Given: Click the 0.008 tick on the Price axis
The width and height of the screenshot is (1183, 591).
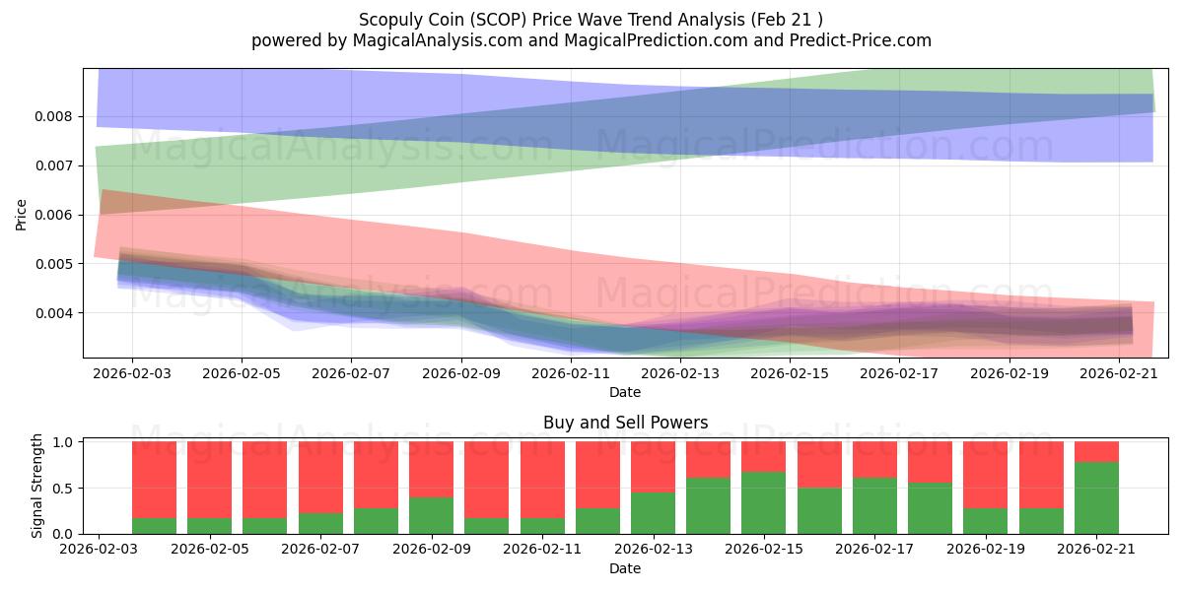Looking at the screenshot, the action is click(x=53, y=116).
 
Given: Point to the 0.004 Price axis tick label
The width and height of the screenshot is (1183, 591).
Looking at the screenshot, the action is click(x=53, y=313).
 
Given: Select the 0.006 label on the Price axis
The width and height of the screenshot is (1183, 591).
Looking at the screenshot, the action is click(x=53, y=216).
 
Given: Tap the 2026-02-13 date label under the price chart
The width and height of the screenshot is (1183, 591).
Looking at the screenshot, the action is click(x=680, y=373).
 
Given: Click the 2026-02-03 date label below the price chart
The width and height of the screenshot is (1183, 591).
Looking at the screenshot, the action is click(x=132, y=373).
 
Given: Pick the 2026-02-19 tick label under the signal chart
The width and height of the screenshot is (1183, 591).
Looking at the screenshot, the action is click(x=986, y=549).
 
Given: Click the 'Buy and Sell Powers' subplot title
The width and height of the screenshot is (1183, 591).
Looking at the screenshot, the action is click(x=625, y=423).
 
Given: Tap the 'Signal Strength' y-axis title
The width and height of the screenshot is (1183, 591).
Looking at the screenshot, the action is click(x=36, y=486).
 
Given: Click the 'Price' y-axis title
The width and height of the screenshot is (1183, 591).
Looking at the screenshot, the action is click(x=21, y=215).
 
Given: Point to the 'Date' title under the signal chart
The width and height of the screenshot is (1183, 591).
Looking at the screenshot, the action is click(x=625, y=568).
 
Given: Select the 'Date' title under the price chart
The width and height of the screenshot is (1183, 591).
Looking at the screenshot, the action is click(x=625, y=392).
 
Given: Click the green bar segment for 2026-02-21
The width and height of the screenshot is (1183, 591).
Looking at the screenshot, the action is click(x=1096, y=498).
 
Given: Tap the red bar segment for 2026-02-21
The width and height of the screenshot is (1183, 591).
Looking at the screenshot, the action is click(x=1096, y=452).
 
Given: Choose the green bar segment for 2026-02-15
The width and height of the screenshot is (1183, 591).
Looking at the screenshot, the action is click(x=764, y=503).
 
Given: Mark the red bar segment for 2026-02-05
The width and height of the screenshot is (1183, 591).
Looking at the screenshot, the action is click(x=209, y=480).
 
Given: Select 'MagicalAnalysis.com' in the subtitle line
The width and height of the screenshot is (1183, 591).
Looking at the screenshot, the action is click(x=438, y=40).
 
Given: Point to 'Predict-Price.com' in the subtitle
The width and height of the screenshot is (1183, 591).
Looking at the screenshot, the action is click(x=861, y=40).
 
